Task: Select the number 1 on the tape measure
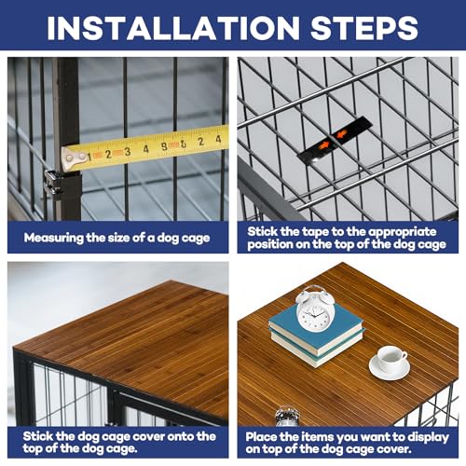[92, 157]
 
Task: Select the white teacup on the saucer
[390, 358]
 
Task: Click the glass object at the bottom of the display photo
[286, 418]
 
